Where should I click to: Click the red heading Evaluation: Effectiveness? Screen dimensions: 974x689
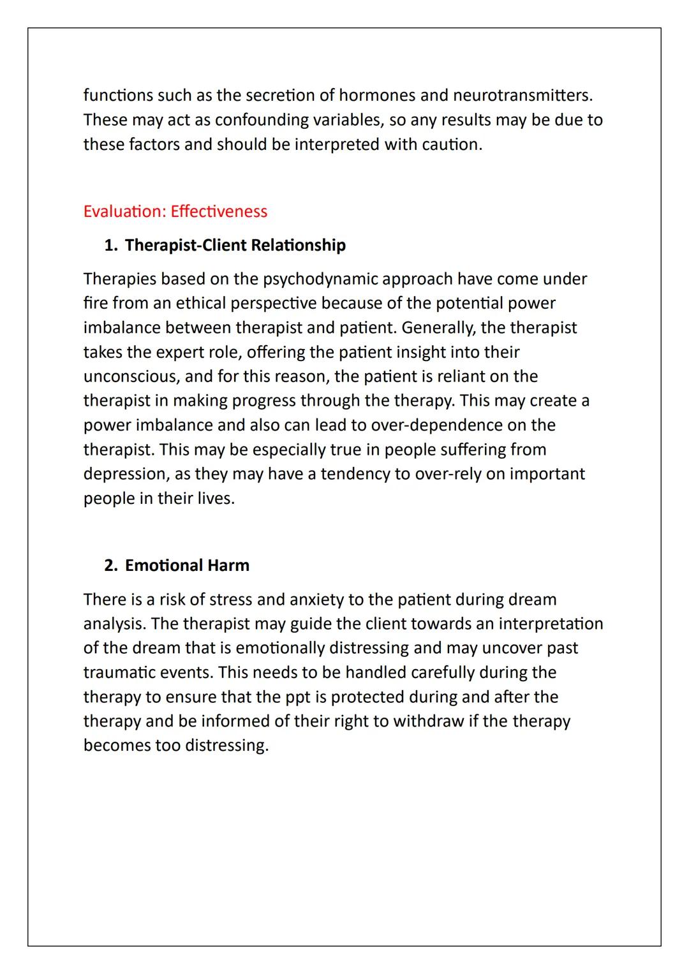pos(175,212)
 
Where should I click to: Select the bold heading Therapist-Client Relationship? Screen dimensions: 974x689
pos(235,246)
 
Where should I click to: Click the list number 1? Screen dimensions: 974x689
pos(110,246)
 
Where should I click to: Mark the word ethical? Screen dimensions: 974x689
pos(200,304)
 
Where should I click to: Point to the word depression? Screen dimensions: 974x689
pos(124,475)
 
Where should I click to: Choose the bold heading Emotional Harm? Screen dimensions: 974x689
pos(187,566)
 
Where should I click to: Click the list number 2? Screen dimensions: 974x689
pos(110,566)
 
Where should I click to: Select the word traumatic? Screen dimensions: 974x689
pos(122,673)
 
